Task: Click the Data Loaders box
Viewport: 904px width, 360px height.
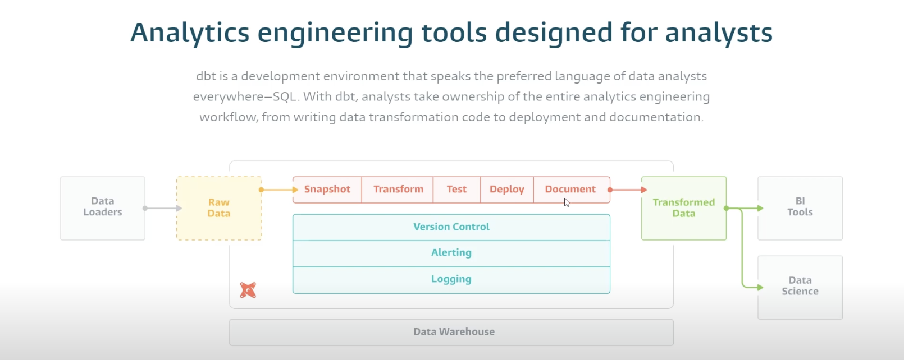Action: tap(103, 208)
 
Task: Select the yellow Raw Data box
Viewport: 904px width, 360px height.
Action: tap(219, 208)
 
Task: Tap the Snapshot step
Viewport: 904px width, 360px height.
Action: tap(327, 190)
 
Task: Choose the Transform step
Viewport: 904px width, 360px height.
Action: tap(398, 190)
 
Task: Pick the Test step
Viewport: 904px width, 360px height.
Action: tap(457, 190)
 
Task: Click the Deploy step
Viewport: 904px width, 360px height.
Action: tap(507, 190)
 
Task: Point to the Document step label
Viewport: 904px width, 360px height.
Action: tap(570, 189)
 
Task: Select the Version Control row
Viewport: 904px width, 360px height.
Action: tap(451, 227)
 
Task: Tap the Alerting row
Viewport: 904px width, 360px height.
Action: tap(451, 253)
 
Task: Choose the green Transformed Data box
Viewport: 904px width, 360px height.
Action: tap(684, 208)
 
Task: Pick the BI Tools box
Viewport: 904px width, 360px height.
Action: tap(800, 208)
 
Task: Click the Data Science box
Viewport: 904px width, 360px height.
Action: tap(800, 288)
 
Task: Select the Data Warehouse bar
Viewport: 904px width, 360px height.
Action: tap(451, 332)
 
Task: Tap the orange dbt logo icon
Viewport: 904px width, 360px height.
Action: tap(248, 290)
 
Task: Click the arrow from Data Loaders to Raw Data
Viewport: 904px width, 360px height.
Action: tap(163, 208)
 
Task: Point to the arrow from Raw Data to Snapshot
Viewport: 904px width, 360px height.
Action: tap(278, 190)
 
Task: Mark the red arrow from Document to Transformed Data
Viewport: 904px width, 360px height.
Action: tap(628, 190)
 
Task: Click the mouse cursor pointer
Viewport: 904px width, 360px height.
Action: tap(567, 202)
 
